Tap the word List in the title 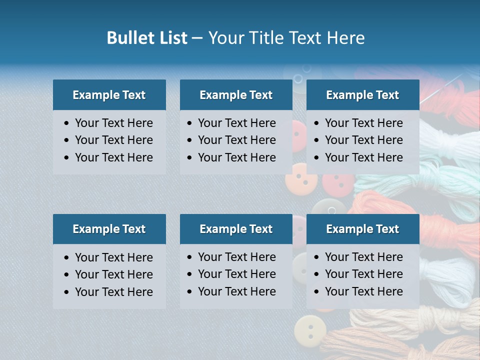coord(172,38)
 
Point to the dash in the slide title coord(197,38)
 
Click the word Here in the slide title coord(346,38)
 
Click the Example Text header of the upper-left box coord(109,95)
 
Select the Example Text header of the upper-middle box coord(236,95)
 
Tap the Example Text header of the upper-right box coord(362,95)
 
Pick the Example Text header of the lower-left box coord(109,229)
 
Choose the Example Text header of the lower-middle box coord(236,229)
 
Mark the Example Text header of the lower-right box coord(362,229)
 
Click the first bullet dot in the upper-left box coord(67,123)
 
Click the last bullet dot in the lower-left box coord(67,292)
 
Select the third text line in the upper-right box coord(363,157)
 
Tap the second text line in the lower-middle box coord(236,274)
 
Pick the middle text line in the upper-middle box coord(236,140)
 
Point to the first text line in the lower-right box coord(363,257)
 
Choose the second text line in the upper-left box coord(113,140)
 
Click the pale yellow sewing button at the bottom coord(310,330)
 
